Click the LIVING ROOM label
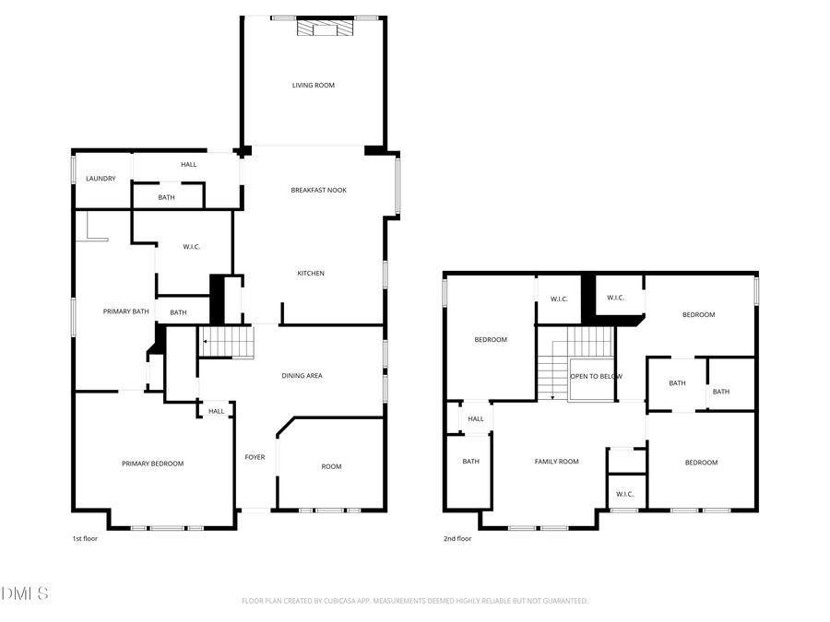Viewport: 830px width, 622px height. point(314,86)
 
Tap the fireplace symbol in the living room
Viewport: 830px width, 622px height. point(325,29)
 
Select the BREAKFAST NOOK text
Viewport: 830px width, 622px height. point(318,191)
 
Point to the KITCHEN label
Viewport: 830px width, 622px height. point(311,274)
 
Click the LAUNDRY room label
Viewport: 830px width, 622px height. point(101,179)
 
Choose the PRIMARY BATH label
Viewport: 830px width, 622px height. point(125,311)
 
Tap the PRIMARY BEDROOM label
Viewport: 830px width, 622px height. point(153,464)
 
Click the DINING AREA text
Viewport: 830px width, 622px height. point(302,376)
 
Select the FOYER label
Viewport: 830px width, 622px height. point(255,457)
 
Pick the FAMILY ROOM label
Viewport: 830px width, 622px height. point(557,462)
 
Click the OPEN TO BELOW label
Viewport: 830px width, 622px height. point(596,377)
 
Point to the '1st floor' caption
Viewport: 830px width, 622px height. point(85,539)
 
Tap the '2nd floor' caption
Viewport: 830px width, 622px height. point(457,539)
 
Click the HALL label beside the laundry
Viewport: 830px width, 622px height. point(189,165)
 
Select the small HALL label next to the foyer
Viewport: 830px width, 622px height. point(216,412)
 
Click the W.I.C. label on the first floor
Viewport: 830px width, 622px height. point(192,247)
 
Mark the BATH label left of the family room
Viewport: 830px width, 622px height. point(470,462)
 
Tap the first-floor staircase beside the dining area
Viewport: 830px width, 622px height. point(227,343)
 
